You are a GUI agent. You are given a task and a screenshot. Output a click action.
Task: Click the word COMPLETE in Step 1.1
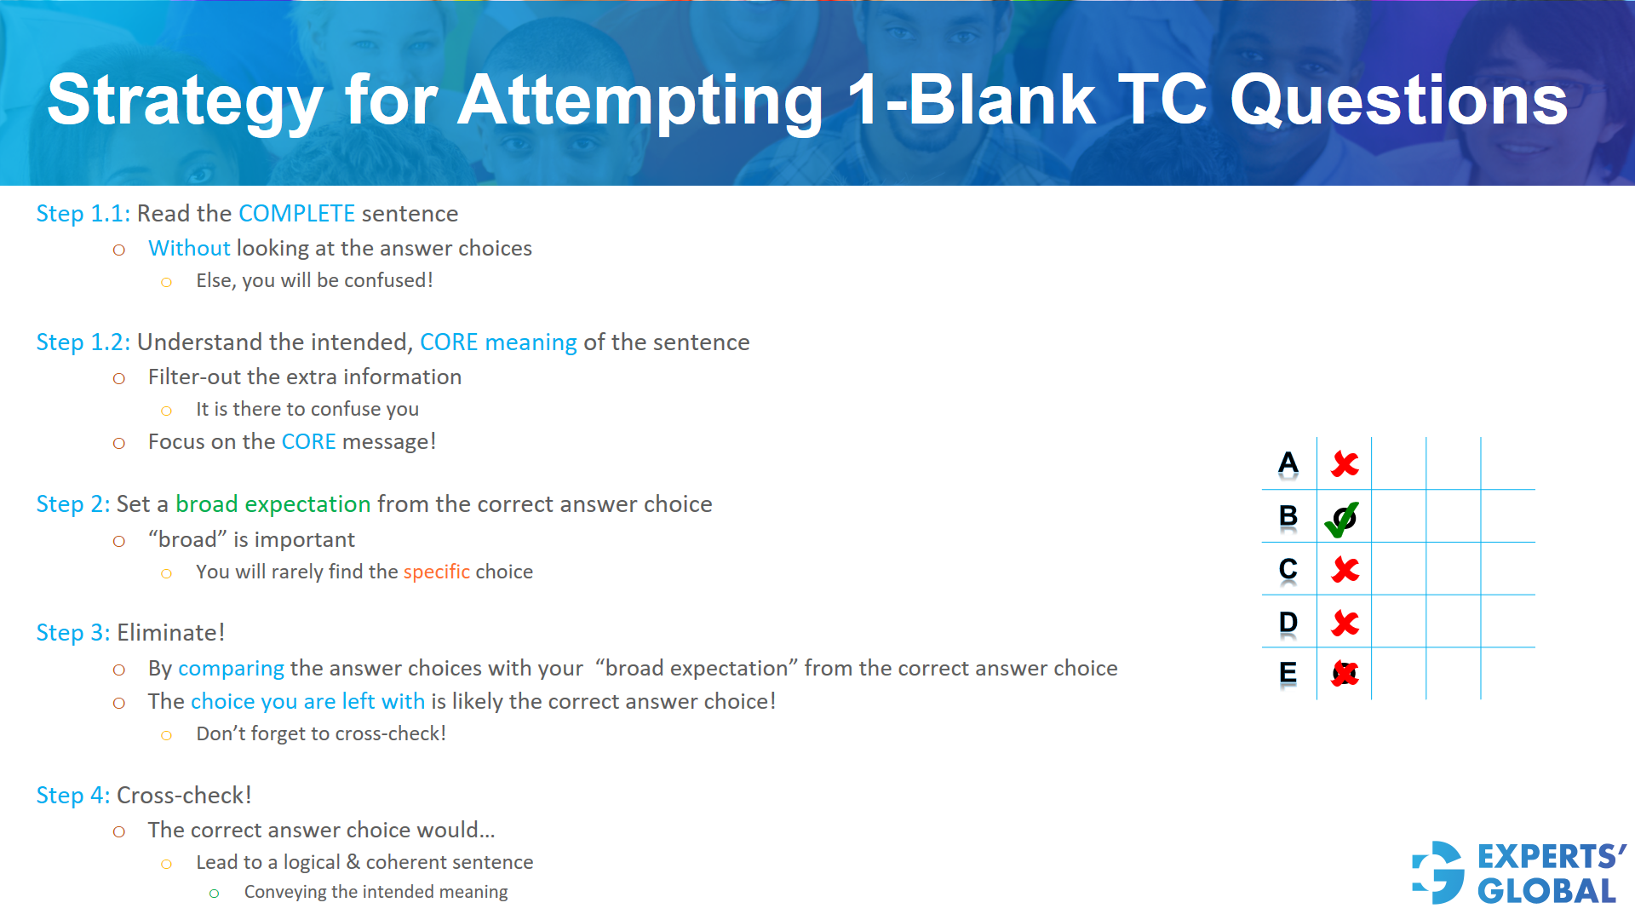296,213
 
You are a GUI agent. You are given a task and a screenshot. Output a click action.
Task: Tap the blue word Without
189,248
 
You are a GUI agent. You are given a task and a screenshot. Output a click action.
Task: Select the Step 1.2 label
83,342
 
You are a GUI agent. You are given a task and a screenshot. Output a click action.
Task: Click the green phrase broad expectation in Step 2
272,503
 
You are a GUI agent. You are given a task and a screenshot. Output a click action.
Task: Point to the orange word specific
436,572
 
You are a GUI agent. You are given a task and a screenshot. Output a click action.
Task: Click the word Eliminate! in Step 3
170,632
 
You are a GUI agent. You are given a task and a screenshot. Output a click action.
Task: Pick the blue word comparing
231,668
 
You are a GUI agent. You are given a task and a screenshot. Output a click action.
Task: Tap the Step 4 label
72,795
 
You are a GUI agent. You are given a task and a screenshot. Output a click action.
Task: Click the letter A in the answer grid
1288,463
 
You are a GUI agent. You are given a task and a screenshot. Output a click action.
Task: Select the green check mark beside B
1342,518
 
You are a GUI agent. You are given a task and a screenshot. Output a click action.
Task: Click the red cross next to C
1345,569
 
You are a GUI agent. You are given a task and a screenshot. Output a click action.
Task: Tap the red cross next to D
1345,623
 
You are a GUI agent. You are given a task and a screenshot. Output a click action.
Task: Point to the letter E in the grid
1288,673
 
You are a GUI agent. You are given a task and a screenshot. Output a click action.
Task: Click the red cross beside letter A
1345,463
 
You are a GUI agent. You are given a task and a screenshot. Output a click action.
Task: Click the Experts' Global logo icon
1438,872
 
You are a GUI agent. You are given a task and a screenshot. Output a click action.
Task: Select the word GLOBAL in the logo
1546,891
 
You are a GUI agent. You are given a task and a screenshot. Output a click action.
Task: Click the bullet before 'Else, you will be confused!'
166,282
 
